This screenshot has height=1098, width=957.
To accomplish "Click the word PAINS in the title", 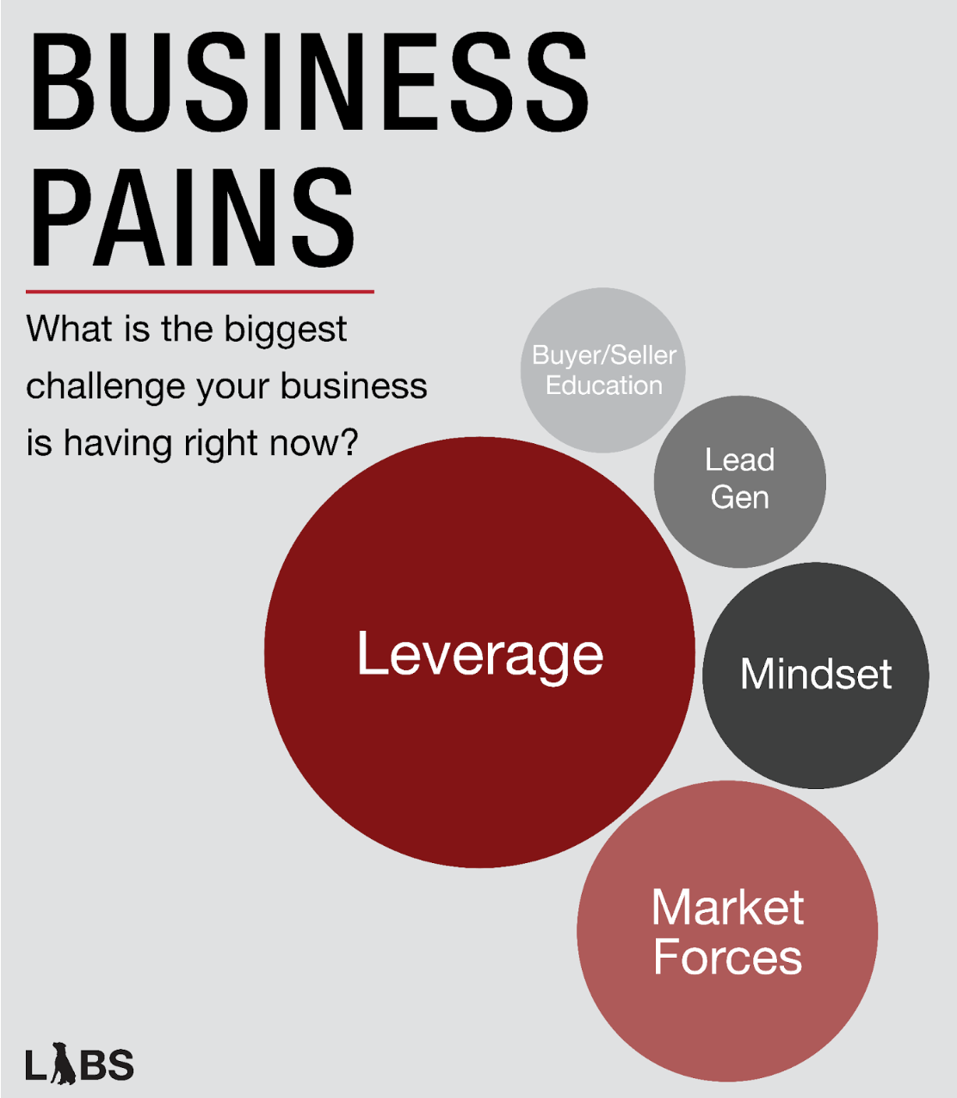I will point(192,218).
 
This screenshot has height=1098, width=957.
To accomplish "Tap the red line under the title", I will point(200,292).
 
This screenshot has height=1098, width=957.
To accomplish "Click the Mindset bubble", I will point(816,675).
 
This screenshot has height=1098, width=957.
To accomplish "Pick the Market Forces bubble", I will point(727,931).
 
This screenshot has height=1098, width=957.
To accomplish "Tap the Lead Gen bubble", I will point(739,480).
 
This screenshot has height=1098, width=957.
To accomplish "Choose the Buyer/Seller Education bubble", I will point(603,370).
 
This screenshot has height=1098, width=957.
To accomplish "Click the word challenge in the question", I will point(106,387).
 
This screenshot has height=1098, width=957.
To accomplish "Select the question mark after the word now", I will point(349,443).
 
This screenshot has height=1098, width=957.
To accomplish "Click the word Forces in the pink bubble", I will point(727,957).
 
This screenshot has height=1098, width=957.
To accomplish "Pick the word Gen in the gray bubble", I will point(739,497).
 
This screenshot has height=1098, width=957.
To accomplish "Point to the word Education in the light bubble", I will point(604,386).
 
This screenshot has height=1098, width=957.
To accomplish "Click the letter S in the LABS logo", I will point(121,1065).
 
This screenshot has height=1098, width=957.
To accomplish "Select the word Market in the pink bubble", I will point(727,907).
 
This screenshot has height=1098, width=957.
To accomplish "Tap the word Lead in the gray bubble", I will point(739,460).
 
